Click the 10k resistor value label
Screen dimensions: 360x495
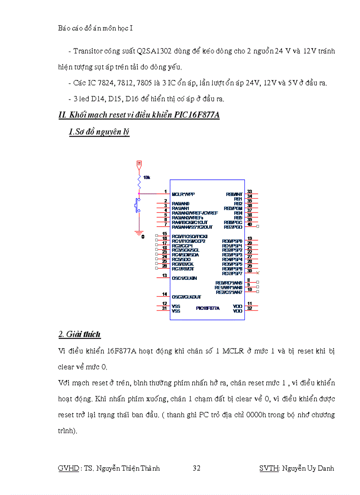(x=146, y=177)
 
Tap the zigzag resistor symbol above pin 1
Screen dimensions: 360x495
(x=139, y=181)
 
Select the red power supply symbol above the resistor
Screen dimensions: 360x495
(x=139, y=164)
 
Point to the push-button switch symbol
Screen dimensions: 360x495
(x=137, y=205)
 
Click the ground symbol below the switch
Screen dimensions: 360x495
(x=139, y=232)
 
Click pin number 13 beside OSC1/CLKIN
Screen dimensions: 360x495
(x=164, y=275)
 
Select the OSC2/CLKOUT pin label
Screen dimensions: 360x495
(x=186, y=297)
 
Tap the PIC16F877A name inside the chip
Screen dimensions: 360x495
(x=208, y=308)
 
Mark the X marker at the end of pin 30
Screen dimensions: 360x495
(x=258, y=273)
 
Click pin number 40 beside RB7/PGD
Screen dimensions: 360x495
(x=249, y=224)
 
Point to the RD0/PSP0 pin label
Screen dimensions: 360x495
(x=232, y=241)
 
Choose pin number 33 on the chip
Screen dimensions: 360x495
(x=249, y=191)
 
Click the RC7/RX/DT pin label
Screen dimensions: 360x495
(x=183, y=269)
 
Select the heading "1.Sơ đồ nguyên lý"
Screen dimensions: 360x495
(x=99, y=132)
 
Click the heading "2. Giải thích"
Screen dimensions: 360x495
(x=79, y=335)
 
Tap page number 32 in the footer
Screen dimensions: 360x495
(x=196, y=468)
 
